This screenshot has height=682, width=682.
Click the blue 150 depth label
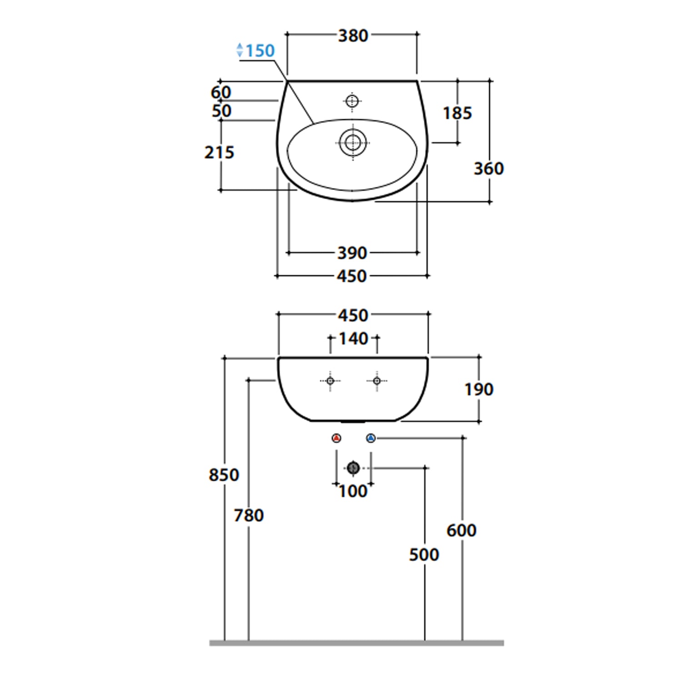click(260, 50)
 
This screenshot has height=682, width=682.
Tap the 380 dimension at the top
click(353, 35)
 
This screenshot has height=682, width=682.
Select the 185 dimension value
click(457, 113)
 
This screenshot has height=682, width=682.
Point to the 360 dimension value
click(489, 169)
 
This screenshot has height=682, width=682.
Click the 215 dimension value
click(219, 152)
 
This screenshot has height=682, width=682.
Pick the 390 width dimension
click(352, 253)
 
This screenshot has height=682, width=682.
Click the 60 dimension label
click(221, 92)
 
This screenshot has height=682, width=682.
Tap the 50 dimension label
click(221, 111)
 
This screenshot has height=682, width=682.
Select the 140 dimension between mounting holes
click(353, 339)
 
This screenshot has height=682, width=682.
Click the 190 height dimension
click(479, 390)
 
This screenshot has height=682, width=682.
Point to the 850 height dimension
click(224, 475)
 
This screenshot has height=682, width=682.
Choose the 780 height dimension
click(249, 516)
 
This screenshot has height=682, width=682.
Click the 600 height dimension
click(461, 530)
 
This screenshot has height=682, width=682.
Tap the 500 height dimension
click(424, 555)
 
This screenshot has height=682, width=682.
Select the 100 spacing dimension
click(353, 491)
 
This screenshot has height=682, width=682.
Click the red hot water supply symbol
click(336, 438)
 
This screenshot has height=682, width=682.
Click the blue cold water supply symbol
click(371, 438)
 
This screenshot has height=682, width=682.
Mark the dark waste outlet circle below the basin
click(353, 467)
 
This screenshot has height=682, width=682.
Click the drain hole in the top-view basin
click(353, 143)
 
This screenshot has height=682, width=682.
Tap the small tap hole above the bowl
click(352, 101)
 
